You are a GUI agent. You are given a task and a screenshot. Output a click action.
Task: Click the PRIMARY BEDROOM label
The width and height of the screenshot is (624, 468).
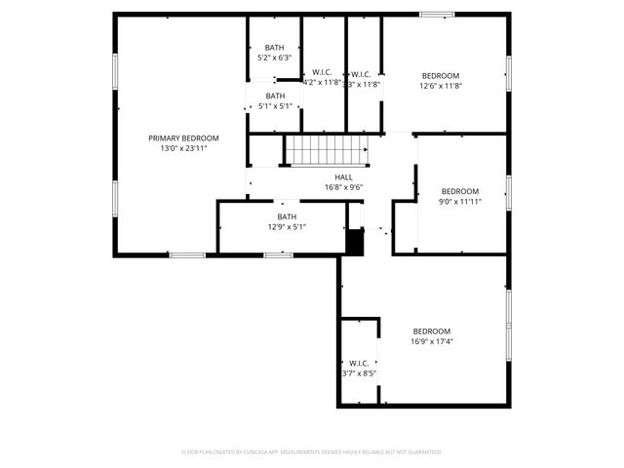coord(183,137)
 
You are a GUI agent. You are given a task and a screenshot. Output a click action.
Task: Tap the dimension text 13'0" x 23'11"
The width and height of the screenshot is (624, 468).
coord(183,148)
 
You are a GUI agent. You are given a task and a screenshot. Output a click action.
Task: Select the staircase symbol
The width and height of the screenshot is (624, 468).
coord(327,150)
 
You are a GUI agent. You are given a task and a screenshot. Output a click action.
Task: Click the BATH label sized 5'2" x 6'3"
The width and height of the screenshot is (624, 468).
coord(275,48)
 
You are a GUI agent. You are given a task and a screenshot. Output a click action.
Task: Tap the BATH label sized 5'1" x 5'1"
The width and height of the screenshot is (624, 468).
coord(276,96)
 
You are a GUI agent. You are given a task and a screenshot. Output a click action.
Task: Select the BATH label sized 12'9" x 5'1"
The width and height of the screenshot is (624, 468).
coord(287,216)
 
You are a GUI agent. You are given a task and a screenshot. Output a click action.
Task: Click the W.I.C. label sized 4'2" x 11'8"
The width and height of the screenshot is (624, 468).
coord(323,73)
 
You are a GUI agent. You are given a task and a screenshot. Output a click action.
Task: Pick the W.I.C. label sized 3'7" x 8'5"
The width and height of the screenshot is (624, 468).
coord(359,363)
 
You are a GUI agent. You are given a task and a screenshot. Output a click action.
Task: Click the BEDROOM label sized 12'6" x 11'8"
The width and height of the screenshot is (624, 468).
coord(441,75)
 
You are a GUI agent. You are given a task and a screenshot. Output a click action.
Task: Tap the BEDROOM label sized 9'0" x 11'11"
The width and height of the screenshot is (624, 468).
coord(460,191)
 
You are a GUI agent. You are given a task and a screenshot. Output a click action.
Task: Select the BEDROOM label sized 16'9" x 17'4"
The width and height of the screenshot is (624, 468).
coord(432,331)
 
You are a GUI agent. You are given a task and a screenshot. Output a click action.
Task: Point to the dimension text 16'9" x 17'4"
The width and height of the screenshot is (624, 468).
coord(432,341)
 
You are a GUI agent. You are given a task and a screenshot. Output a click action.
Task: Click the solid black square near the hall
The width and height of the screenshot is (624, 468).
coord(355,242)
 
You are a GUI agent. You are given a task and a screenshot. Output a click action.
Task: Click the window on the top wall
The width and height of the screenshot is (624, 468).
coord(437,14)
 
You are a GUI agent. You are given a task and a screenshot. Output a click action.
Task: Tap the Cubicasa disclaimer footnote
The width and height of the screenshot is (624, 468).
coord(312,451)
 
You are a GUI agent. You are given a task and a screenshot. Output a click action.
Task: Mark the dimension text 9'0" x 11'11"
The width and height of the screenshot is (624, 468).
coord(460,202)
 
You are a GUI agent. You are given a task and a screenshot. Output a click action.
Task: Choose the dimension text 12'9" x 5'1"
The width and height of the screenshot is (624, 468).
coord(287,227)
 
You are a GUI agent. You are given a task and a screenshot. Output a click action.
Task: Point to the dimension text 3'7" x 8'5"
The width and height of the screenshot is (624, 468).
coord(359,373)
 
